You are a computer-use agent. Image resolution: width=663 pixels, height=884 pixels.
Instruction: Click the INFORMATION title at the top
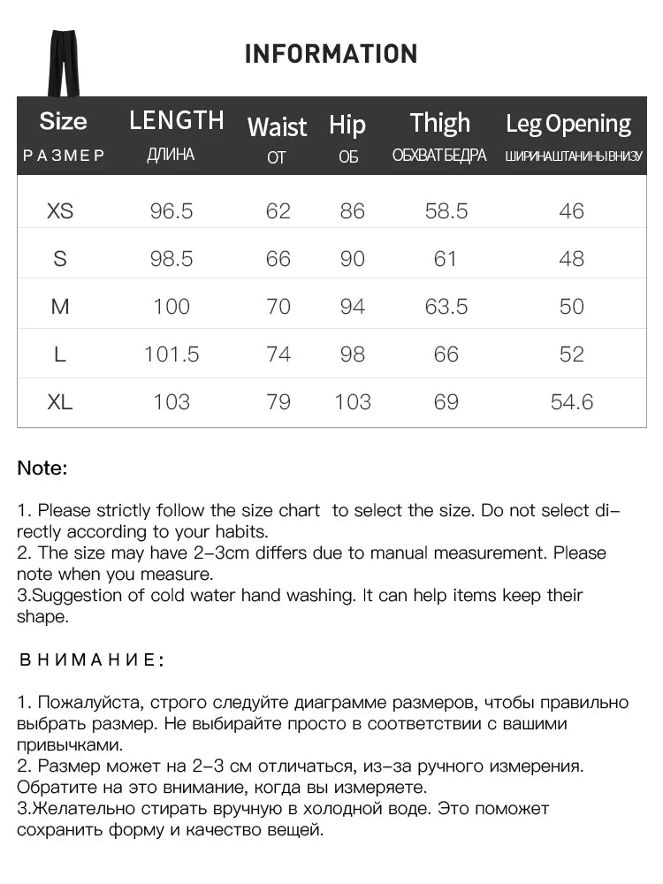[x=331, y=54]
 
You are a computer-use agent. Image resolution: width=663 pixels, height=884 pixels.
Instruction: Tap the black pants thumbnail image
[x=63, y=62]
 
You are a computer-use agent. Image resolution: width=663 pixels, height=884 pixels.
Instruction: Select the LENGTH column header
[x=176, y=120]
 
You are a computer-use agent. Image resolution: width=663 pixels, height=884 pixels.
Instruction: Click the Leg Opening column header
[x=568, y=124]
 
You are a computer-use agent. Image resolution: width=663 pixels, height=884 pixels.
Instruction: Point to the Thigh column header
[x=439, y=124]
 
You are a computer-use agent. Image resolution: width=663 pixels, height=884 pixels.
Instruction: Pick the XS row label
[x=60, y=211]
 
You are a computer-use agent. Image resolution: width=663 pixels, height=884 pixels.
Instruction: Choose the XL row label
[x=60, y=402]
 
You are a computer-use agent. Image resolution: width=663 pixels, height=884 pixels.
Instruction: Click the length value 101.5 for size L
[x=171, y=354]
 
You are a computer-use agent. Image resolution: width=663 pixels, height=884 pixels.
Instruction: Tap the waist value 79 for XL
[x=278, y=402]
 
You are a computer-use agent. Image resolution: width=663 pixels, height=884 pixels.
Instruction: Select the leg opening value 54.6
[x=572, y=402]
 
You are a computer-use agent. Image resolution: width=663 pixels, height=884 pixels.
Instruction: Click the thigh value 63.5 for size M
[x=446, y=307]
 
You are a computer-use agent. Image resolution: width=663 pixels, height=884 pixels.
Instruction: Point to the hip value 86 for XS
[x=352, y=211]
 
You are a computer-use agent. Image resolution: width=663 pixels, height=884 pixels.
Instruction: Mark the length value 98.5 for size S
[x=171, y=259]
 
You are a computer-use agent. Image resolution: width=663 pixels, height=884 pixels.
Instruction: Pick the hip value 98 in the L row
[x=352, y=354]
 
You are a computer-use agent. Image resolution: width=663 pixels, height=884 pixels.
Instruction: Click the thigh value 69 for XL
[x=446, y=402]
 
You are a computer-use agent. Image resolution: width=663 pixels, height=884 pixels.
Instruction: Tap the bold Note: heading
[x=42, y=469]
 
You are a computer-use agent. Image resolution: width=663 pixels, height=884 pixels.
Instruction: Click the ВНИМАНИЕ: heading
[x=90, y=659]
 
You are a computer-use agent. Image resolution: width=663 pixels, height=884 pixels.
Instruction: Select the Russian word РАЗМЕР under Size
[x=64, y=156]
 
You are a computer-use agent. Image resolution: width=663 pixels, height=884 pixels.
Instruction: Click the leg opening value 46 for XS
[x=572, y=211]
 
